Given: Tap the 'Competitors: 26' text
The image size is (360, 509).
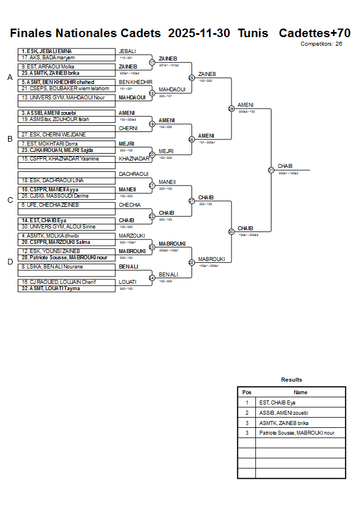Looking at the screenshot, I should click(321, 43).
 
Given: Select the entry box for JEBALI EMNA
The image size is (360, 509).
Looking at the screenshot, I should click(66, 51).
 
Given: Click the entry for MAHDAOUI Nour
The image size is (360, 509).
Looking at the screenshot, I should click(66, 98).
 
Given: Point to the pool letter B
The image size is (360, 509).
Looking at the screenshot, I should click(10, 138).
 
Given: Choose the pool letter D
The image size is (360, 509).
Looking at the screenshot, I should click(10, 262).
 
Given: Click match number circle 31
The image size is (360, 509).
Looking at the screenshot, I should click(271, 170).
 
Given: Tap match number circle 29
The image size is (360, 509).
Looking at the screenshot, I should click(231, 108).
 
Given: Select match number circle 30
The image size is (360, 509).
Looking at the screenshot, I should click(231, 231).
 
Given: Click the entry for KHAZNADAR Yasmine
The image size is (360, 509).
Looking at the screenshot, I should click(66, 159).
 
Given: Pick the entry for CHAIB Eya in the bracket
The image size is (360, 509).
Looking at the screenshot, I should click(66, 220).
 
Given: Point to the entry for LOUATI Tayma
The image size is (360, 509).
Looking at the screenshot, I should click(66, 288).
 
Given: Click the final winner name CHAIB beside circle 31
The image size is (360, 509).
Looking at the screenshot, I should click(285, 166).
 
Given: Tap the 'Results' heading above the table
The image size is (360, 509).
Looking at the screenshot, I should click(291, 380).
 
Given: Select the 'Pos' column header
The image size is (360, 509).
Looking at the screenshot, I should click(247, 392).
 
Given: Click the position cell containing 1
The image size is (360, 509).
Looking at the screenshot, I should click(247, 403).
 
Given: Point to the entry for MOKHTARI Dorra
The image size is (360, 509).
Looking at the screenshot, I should click(66, 143).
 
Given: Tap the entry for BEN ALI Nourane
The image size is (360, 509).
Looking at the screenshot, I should click(66, 267).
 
